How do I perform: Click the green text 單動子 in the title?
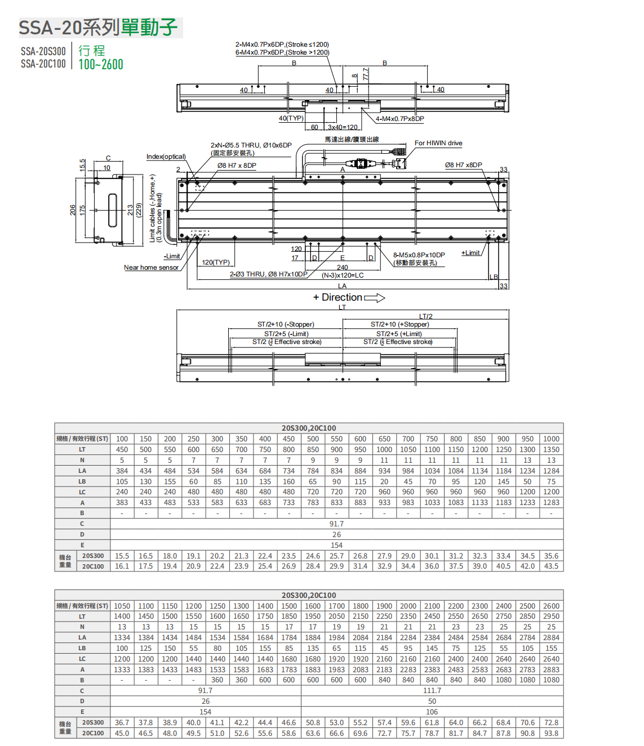pyautogui.click(x=149, y=27)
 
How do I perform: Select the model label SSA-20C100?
pyautogui.click(x=43, y=64)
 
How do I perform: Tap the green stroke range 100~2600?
pyautogui.click(x=101, y=64)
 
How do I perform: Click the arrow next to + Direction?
pyautogui.click(x=375, y=298)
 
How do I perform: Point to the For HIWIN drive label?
pyautogui.click(x=438, y=143)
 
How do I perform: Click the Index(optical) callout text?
pyautogui.click(x=166, y=157)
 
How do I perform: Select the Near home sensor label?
pyautogui.click(x=151, y=267)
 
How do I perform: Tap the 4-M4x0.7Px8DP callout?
pyautogui.click(x=400, y=119)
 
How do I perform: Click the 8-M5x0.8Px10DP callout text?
pyautogui.click(x=419, y=255)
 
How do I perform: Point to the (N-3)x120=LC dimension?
pyautogui.click(x=343, y=275)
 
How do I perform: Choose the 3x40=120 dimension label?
pyautogui.click(x=343, y=127)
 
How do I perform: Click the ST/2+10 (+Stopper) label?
pyautogui.click(x=399, y=324)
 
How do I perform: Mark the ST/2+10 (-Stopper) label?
pyautogui.click(x=286, y=324)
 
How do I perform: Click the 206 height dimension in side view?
pyautogui.click(x=73, y=209)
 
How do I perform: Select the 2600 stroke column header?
pyautogui.click(x=551, y=606)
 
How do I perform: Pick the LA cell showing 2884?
pyautogui.click(x=551, y=637)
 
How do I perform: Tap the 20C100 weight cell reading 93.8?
pyautogui.click(x=551, y=733)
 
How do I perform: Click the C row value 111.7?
pyautogui.click(x=432, y=690)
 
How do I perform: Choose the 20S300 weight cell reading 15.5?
pyautogui.click(x=122, y=556)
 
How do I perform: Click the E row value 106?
pyautogui.click(x=432, y=712)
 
